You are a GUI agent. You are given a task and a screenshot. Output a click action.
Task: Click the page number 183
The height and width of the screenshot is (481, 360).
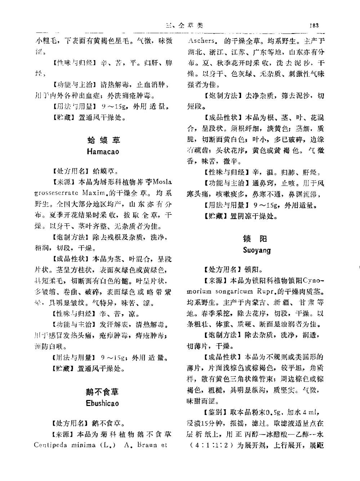314,25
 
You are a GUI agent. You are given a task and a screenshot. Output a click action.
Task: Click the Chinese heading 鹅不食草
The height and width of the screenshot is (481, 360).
102,392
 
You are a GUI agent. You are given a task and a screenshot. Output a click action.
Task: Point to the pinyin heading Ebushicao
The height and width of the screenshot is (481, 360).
102,403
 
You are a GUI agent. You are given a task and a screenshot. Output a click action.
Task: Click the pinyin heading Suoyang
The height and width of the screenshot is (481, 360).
257,250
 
